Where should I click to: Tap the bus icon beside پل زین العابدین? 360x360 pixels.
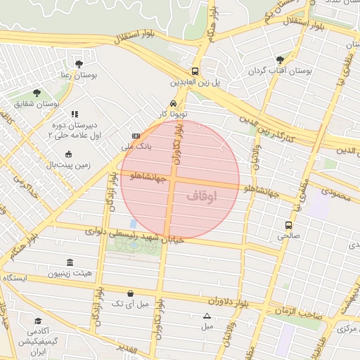[195, 71]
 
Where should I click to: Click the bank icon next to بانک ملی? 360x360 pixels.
[136, 136]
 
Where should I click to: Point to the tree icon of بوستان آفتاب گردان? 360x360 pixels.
[281, 60]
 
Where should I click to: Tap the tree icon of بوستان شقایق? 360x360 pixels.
[37, 93]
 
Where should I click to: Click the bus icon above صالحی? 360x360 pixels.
[288, 225]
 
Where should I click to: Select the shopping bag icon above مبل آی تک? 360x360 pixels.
[130, 292]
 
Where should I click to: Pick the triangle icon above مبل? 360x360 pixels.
[207, 316]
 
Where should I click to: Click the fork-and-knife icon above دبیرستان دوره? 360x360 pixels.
[75, 113]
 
